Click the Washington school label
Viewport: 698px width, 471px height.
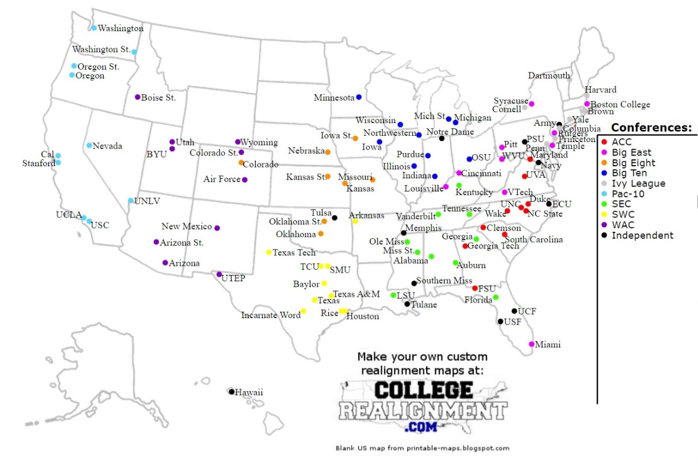click(x=120, y=28)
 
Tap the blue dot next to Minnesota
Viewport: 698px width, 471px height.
click(x=359, y=97)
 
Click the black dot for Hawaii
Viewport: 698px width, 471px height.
click(x=232, y=392)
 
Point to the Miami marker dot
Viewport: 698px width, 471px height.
click(x=532, y=344)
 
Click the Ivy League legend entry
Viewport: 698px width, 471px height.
click(x=638, y=183)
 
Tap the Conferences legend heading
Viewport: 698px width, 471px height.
click(x=651, y=128)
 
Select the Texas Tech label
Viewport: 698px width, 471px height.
click(x=294, y=252)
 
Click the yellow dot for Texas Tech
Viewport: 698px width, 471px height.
click(x=268, y=252)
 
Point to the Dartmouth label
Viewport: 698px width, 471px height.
click(x=549, y=75)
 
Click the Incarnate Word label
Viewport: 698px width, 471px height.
click(x=271, y=315)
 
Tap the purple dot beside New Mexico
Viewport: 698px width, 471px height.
click(x=217, y=228)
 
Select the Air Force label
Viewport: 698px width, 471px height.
click(x=222, y=179)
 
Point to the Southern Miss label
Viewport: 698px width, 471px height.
click(x=444, y=281)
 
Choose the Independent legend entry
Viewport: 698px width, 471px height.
click(x=642, y=235)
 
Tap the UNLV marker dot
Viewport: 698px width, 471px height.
click(x=131, y=201)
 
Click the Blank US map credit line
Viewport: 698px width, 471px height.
click(x=423, y=448)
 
